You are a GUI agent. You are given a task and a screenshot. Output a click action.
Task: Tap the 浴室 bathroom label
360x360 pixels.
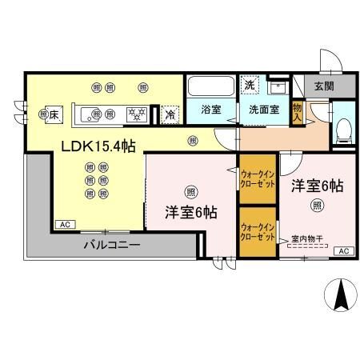[210, 110]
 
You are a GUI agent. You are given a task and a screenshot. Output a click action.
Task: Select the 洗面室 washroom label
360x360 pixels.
[263, 110]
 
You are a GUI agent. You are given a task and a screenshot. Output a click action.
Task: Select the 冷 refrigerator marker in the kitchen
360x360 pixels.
[170, 114]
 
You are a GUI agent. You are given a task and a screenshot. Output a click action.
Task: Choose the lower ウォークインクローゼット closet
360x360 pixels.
[257, 233]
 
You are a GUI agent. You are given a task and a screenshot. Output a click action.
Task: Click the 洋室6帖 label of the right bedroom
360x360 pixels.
[317, 186]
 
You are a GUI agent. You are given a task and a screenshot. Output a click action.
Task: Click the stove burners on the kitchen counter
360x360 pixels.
[137, 114]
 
